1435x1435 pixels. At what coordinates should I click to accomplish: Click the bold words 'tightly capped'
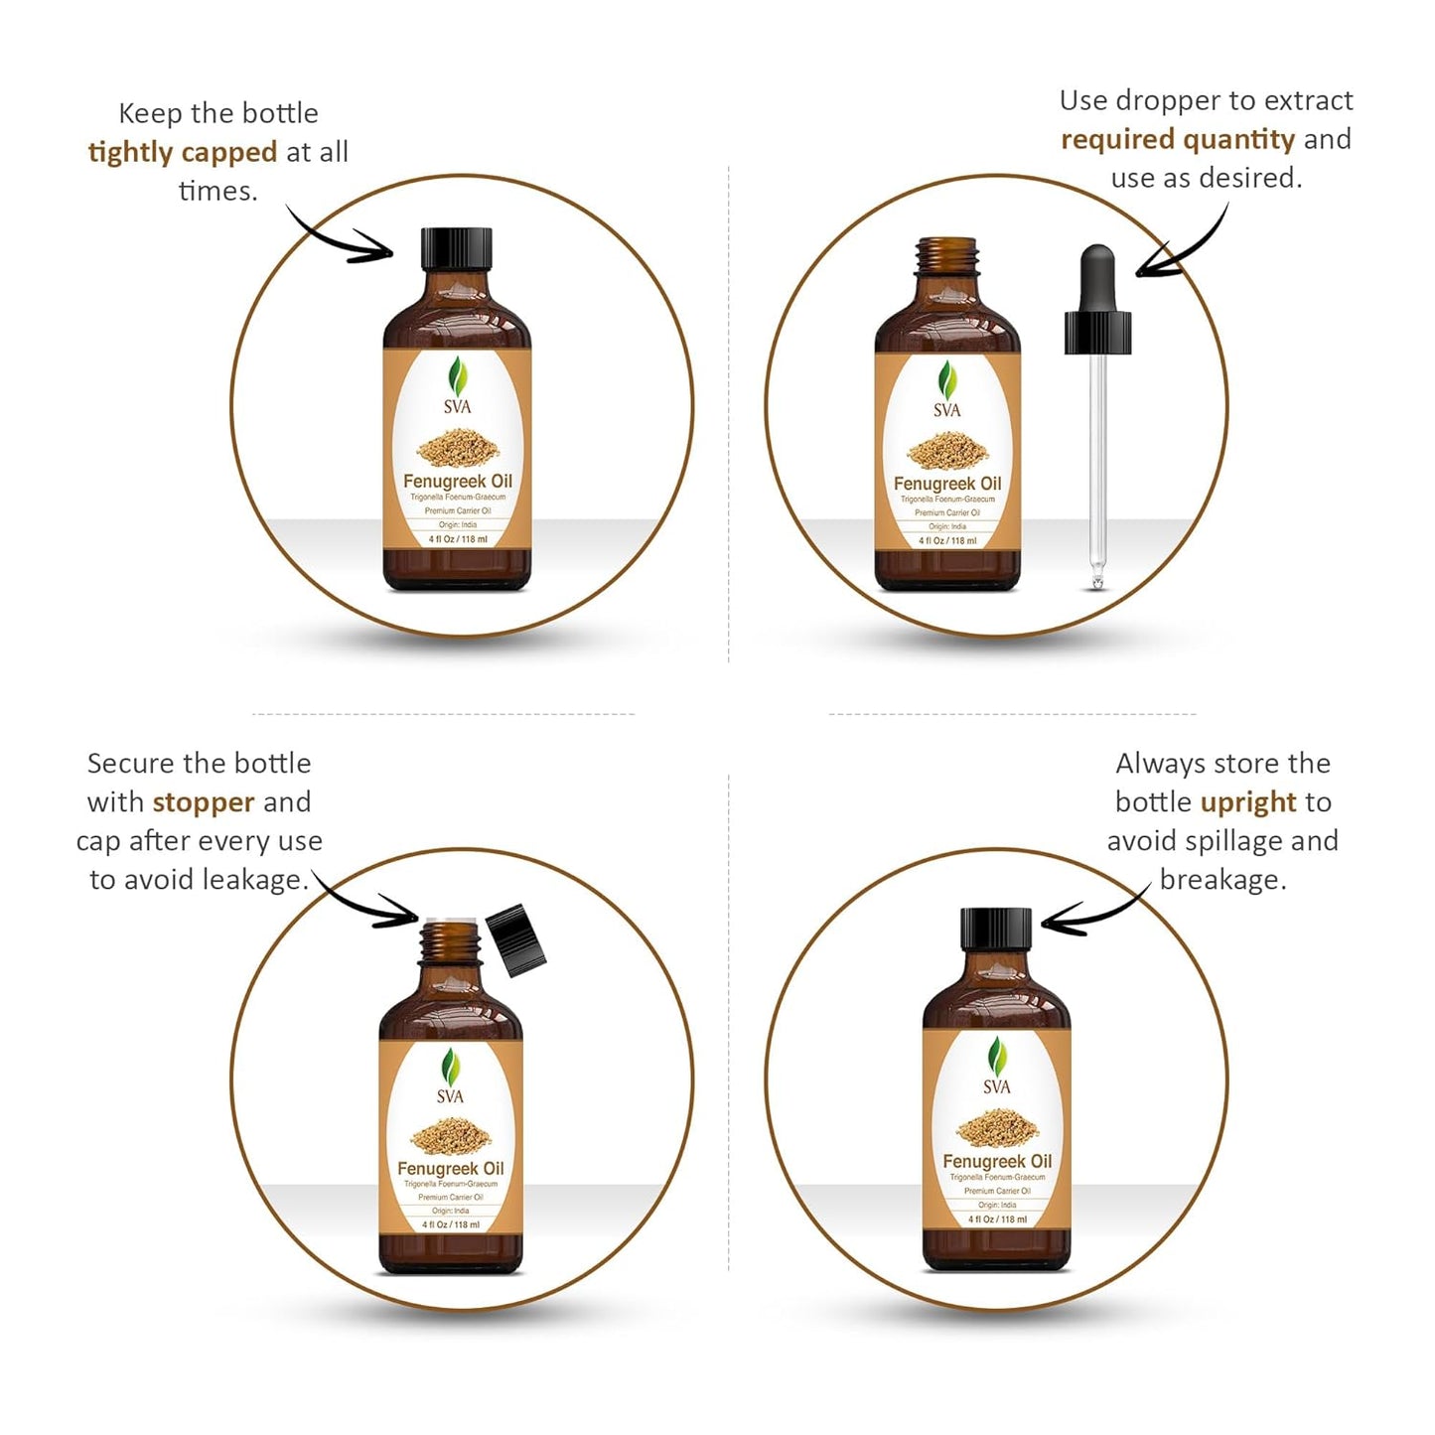[x=183, y=152]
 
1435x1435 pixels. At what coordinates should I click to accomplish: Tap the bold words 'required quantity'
[x=1178, y=139]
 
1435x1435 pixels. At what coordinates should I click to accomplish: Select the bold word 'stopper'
[x=204, y=801]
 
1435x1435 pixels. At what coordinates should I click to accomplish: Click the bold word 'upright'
[x=1248, y=801]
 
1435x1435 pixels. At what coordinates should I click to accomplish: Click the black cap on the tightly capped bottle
[x=457, y=248]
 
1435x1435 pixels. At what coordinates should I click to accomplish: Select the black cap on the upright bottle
[x=996, y=929]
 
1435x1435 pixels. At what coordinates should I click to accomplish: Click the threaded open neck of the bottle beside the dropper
[x=947, y=255]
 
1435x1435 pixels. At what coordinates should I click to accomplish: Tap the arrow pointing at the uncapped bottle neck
[x=367, y=902]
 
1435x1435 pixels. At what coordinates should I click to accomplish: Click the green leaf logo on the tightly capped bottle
[x=458, y=377]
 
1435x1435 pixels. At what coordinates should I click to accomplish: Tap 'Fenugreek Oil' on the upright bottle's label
[x=996, y=1161]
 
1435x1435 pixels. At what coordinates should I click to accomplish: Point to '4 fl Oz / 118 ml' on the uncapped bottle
[x=450, y=1224]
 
